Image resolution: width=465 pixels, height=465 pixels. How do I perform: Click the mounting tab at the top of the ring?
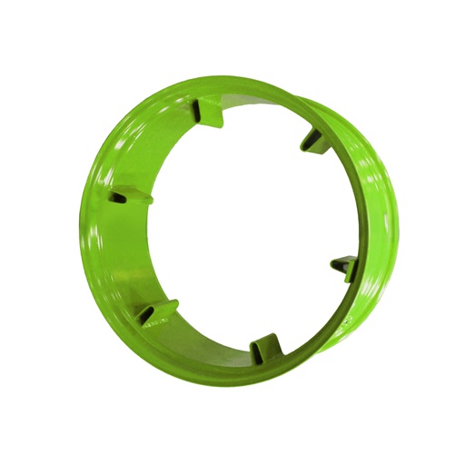coord(210,114)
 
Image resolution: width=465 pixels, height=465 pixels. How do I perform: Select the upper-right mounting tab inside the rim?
coord(312,138)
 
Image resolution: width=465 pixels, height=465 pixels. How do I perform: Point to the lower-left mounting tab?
coord(154,312)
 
